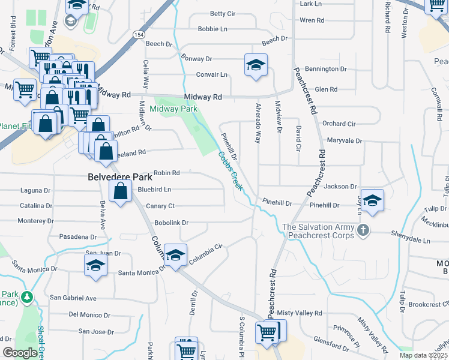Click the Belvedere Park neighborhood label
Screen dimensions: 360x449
pyautogui.click(x=119, y=177)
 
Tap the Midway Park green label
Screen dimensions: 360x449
pyautogui.click(x=173, y=109)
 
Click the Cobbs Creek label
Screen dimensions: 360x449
pyautogui.click(x=231, y=172)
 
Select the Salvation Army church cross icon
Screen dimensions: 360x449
pyautogui.click(x=363, y=230)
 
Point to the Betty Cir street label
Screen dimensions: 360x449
pyautogui.click(x=222, y=13)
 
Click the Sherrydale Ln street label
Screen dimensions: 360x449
pyautogui.click(x=411, y=240)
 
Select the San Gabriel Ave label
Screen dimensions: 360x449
pyautogui.click(x=73, y=298)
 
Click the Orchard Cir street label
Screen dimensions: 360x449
pyautogui.click(x=339, y=124)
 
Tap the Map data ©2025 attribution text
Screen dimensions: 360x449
pyautogui.click(x=424, y=355)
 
